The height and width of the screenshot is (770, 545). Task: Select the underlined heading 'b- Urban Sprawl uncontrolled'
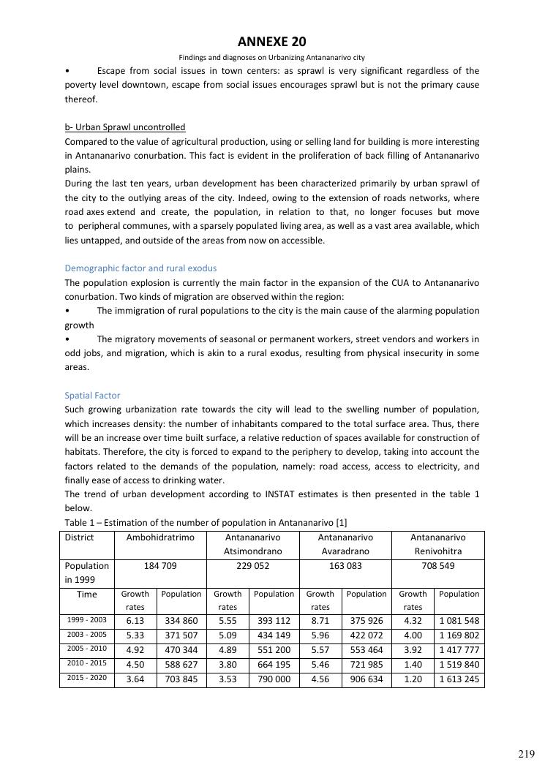(x=125, y=127)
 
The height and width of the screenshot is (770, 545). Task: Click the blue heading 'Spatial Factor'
(x=92, y=395)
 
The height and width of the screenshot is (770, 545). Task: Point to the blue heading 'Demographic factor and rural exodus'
(x=140, y=268)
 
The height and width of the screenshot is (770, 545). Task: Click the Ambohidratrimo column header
(x=160, y=537)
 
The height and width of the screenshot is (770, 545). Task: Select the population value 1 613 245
(x=459, y=679)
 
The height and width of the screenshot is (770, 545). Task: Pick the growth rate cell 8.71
(x=320, y=621)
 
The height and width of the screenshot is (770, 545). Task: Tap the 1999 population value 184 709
(x=160, y=566)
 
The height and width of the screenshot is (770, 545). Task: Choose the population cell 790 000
(x=274, y=679)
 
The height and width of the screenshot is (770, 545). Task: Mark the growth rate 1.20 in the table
(x=413, y=679)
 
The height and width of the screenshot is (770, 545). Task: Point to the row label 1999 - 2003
(x=87, y=621)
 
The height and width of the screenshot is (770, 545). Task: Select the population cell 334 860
(x=181, y=621)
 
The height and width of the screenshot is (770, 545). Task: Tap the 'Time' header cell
(x=87, y=595)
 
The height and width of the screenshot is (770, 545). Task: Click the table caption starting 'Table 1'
(x=206, y=522)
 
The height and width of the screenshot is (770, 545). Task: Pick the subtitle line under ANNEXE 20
(x=272, y=57)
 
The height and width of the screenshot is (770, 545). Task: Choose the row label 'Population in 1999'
(x=87, y=573)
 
